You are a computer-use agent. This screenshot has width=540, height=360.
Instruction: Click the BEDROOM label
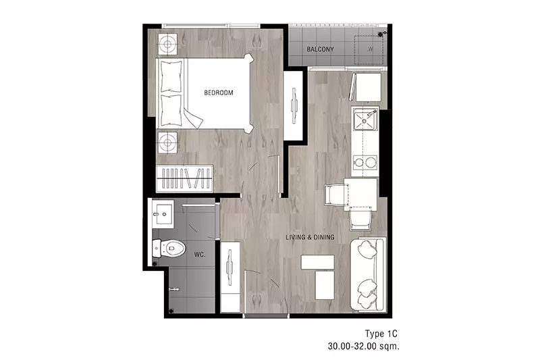(218, 93)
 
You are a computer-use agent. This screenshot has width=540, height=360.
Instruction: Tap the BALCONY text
(320, 49)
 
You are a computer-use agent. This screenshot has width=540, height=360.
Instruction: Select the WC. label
(200, 255)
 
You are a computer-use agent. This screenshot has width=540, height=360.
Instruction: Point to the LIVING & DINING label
(310, 237)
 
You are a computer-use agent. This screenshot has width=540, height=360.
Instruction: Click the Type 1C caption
(381, 334)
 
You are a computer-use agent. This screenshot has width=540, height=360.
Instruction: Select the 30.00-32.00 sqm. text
(364, 346)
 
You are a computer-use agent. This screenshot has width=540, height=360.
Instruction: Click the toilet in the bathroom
(169, 248)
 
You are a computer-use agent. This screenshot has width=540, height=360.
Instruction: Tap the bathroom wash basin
(163, 214)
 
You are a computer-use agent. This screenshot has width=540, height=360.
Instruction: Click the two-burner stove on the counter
(365, 162)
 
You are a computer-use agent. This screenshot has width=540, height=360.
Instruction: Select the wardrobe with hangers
(184, 178)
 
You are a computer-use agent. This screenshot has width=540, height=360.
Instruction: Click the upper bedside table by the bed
(167, 44)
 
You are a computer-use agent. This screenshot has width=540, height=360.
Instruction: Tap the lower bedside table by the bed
(167, 143)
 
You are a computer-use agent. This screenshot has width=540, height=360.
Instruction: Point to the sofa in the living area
(367, 274)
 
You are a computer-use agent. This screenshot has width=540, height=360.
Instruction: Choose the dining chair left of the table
(333, 195)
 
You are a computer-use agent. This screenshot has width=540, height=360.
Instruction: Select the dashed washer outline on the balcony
(369, 49)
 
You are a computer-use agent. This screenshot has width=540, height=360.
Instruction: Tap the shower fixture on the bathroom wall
(175, 288)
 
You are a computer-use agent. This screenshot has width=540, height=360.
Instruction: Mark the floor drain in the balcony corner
(381, 34)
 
